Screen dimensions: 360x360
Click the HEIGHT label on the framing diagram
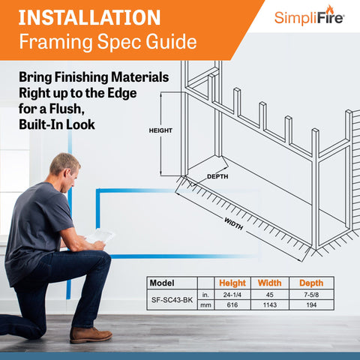[x=160, y=130]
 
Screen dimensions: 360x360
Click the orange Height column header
[x=232, y=283]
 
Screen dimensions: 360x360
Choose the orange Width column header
[x=269, y=283]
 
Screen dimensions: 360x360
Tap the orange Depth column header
[x=311, y=283]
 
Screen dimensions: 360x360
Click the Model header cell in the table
[x=162, y=283]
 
